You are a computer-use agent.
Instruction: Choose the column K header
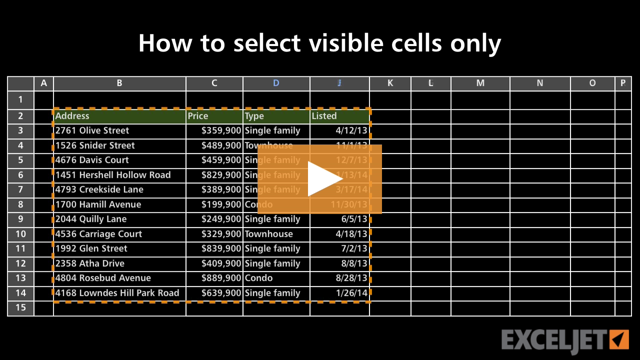point(390,83)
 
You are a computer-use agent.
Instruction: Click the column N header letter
point(539,83)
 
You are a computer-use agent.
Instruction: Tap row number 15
point(20,307)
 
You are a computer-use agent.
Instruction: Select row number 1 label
point(20,99)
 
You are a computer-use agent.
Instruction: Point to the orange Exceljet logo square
point(619,339)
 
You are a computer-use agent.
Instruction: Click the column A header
point(43,83)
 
